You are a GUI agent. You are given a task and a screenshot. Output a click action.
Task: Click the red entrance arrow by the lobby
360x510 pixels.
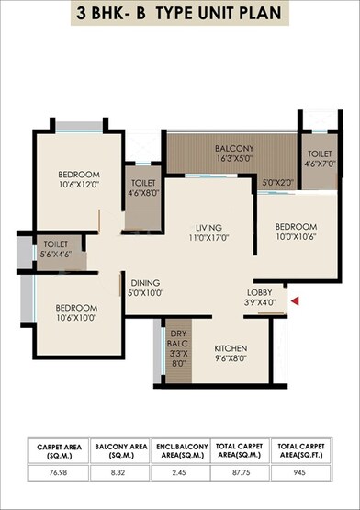[294, 300]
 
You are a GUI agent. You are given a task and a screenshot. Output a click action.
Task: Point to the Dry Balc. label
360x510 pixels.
[178, 335]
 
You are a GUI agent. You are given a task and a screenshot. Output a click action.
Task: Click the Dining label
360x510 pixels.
[146, 283]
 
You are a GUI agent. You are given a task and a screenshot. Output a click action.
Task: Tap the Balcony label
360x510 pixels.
[234, 148]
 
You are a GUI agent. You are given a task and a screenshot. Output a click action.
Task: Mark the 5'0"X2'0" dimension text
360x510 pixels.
[278, 183]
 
